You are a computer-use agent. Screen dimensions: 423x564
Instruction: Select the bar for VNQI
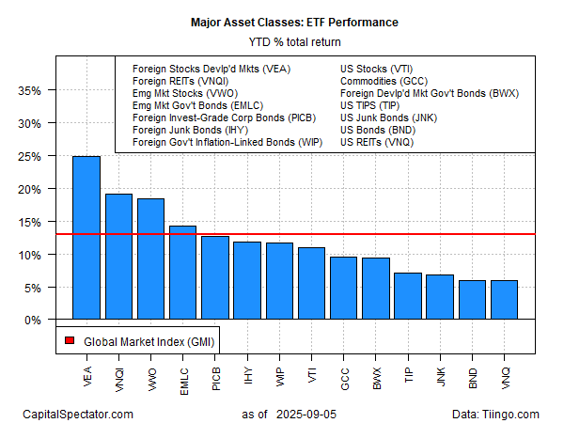(118, 257)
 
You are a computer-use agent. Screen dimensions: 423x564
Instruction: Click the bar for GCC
(342, 288)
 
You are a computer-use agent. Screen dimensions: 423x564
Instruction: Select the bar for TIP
(407, 296)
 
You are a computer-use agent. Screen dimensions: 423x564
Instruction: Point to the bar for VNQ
(504, 300)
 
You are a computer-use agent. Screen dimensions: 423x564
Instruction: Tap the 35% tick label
(31, 91)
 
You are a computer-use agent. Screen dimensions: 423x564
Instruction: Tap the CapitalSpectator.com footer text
(78, 413)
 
